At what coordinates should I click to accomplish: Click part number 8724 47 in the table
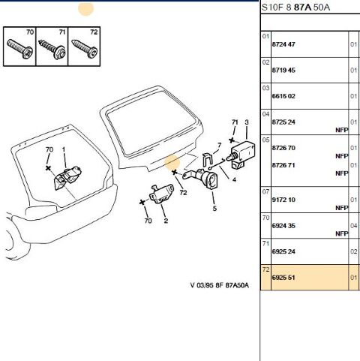coord(283,44)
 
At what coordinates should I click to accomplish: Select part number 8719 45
coord(283,71)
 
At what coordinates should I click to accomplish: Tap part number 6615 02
coord(283,96)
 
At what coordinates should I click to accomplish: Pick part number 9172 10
coord(283,200)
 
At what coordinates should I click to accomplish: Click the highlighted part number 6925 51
coord(283,278)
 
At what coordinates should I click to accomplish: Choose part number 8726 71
coord(283,165)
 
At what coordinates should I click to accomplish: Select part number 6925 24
coord(283,251)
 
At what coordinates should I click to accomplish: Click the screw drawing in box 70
coord(19,49)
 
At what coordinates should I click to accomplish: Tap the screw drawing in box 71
coord(52,50)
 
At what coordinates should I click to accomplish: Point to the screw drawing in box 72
coord(85,49)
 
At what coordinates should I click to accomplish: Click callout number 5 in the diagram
coord(214,208)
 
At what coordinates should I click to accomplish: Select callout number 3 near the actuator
coord(247,122)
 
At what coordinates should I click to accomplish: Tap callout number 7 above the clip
coord(220,146)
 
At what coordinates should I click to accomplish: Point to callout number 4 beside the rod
coord(234,179)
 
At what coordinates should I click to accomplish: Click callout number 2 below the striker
coord(166,221)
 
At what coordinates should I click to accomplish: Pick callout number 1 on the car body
coord(64,149)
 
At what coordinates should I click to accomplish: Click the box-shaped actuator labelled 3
coord(243,153)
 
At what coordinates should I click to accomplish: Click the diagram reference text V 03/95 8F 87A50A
coord(220,285)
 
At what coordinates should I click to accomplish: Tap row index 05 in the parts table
coord(265,140)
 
